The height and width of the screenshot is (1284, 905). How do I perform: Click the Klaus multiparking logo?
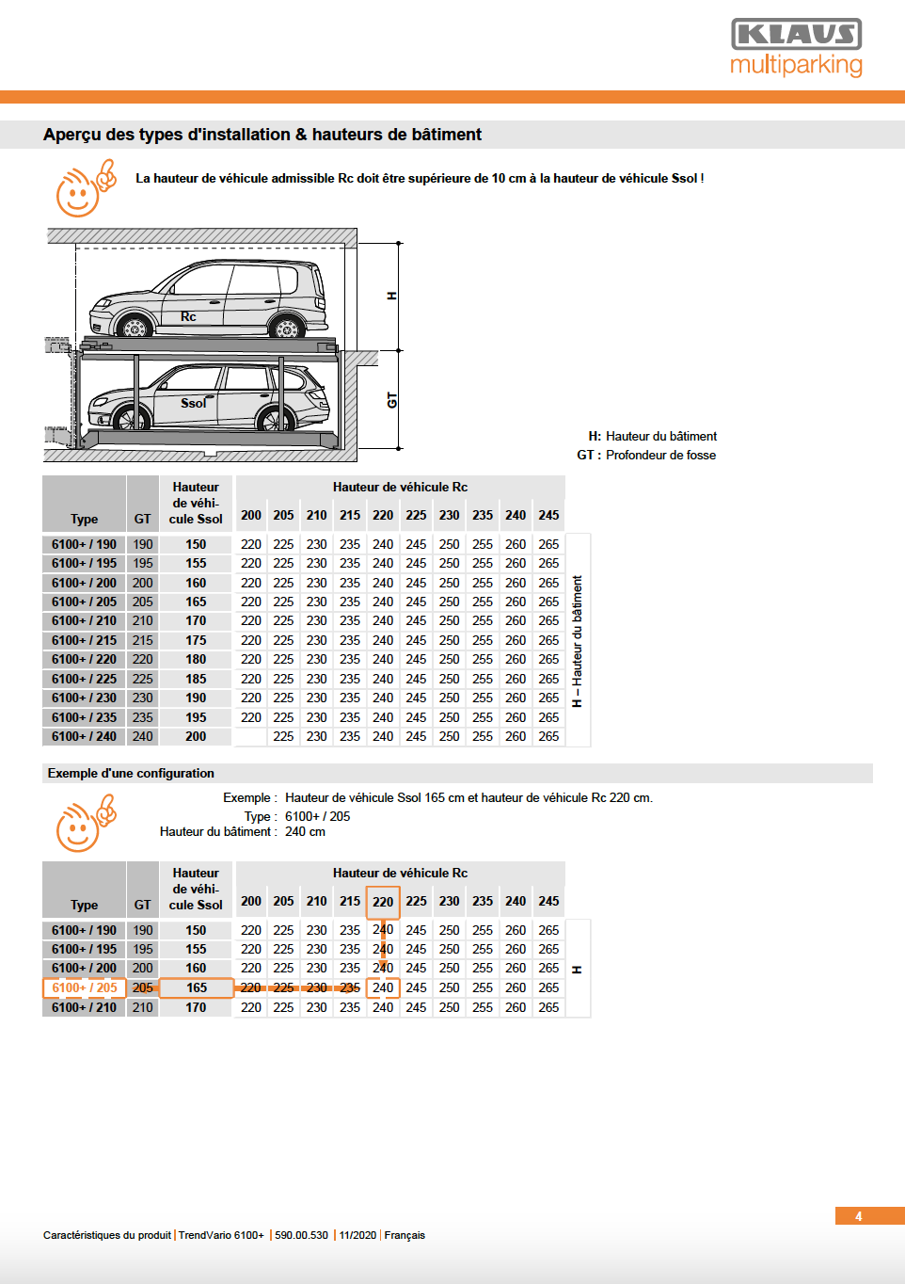click(x=796, y=48)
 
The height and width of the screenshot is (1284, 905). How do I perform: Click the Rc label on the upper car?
click(x=188, y=316)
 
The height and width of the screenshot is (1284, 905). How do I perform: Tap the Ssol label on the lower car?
click(x=193, y=403)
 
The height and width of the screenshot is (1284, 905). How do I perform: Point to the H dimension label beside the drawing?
click(x=392, y=296)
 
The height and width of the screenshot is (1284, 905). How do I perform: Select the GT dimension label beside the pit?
click(x=392, y=400)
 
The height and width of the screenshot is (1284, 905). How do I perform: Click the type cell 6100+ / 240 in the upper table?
click(x=84, y=736)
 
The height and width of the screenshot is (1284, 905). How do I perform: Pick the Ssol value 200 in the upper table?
click(x=196, y=736)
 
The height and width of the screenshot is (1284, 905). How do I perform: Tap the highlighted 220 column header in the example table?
click(x=383, y=902)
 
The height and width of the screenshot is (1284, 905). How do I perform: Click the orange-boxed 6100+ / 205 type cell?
click(x=84, y=987)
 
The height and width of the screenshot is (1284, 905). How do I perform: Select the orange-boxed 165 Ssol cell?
click(x=196, y=987)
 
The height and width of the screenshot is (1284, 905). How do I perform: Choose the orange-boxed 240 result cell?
click(x=383, y=987)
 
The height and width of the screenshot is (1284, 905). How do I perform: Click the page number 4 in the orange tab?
click(x=858, y=1216)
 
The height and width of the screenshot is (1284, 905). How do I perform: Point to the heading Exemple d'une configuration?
click(x=131, y=773)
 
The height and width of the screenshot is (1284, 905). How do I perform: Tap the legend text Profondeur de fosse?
click(x=660, y=455)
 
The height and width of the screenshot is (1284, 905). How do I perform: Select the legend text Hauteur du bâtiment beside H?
click(x=660, y=436)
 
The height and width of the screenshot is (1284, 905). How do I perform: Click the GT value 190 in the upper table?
click(x=142, y=544)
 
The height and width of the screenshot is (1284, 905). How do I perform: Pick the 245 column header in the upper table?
click(x=548, y=515)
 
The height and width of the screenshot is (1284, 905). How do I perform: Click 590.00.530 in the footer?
click(x=301, y=1235)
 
